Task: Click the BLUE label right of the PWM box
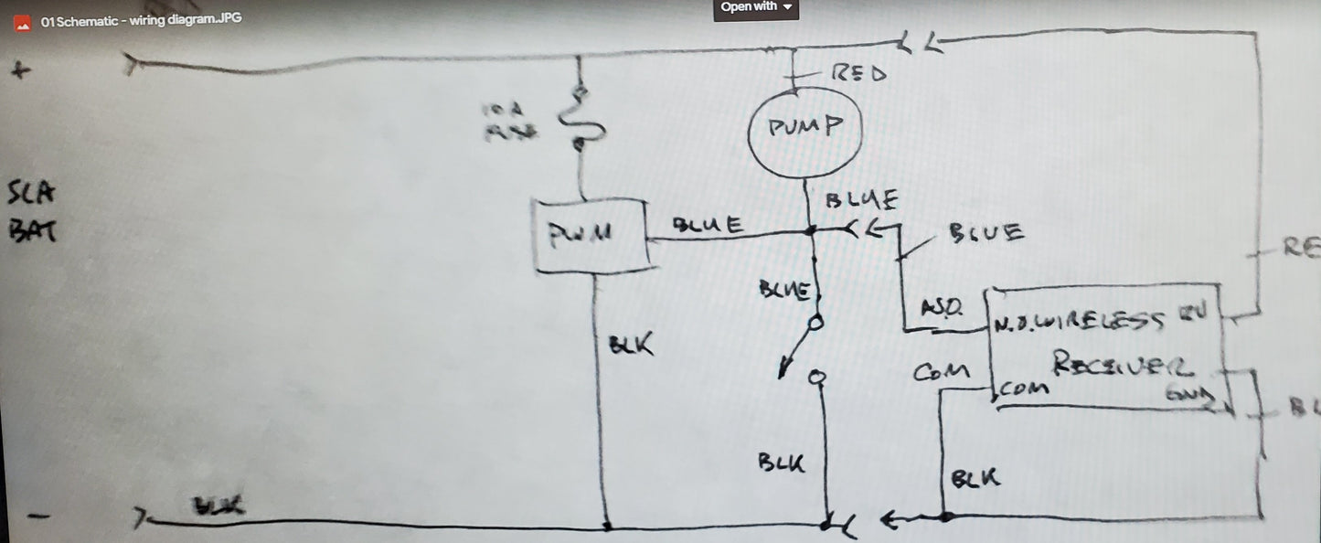[x=707, y=225]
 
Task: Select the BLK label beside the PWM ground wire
[x=631, y=346]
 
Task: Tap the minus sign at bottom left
[x=37, y=517]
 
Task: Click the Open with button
[x=756, y=7]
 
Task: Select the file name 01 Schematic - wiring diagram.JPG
[x=142, y=20]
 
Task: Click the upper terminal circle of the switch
[x=816, y=322]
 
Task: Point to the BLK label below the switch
[x=782, y=462]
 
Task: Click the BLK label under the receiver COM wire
[x=975, y=478]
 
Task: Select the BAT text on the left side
[x=30, y=232]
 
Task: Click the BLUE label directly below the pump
[x=859, y=198]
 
